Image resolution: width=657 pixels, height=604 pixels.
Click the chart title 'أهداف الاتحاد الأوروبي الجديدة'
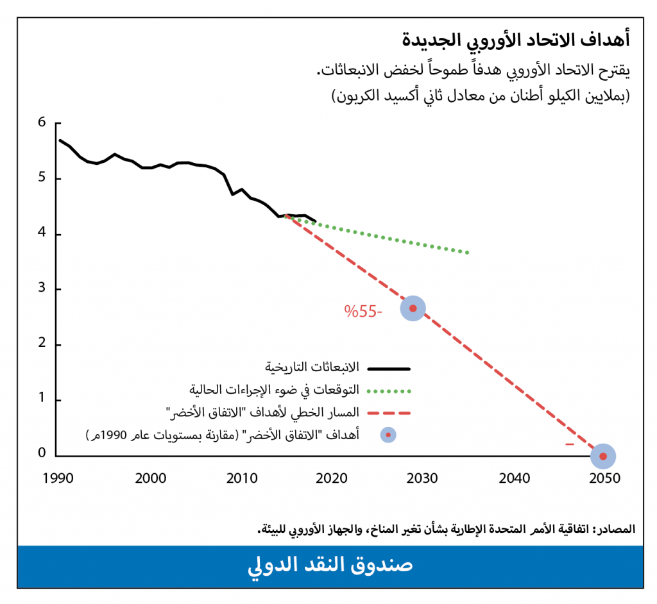point(516,40)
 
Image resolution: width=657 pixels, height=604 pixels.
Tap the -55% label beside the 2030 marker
point(363,312)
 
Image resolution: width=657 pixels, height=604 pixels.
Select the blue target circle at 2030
point(413,308)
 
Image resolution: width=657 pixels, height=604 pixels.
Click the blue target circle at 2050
point(602,456)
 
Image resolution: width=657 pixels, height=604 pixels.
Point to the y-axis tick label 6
point(42,122)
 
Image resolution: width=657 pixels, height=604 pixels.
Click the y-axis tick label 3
point(42,289)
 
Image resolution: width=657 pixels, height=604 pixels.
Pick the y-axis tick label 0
point(42,454)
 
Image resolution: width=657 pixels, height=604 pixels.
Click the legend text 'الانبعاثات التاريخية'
point(312,368)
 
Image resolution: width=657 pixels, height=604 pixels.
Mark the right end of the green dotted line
point(468,253)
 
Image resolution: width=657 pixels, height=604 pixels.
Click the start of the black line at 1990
point(60,140)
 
